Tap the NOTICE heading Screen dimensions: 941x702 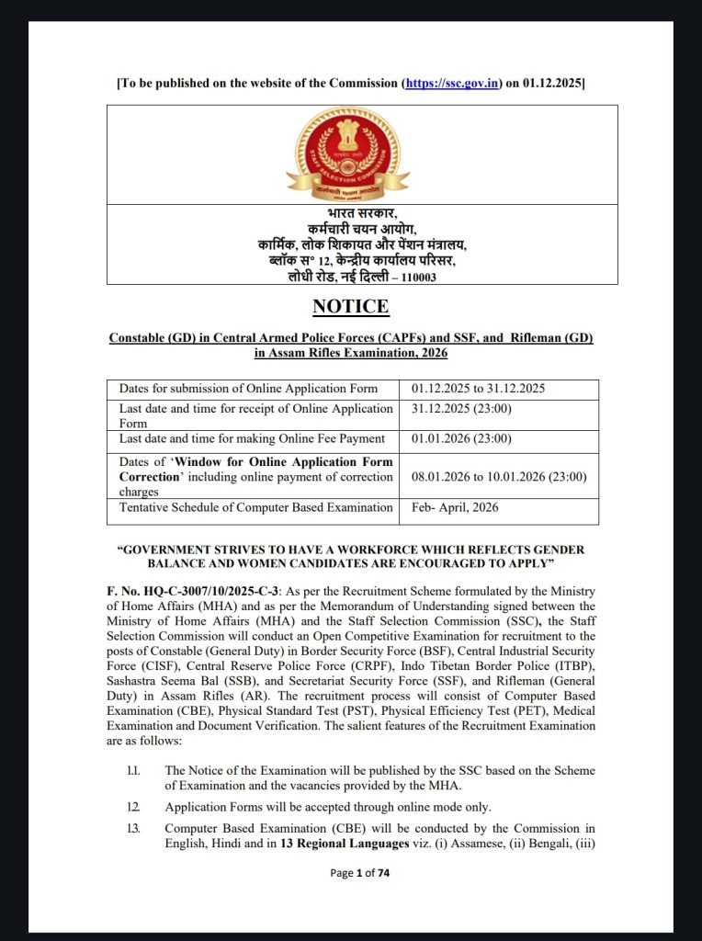pos(350,306)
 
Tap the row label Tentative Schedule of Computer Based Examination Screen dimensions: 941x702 pos(255,507)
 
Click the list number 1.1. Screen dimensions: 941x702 pos(134,770)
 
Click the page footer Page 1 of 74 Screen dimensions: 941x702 pos(359,873)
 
